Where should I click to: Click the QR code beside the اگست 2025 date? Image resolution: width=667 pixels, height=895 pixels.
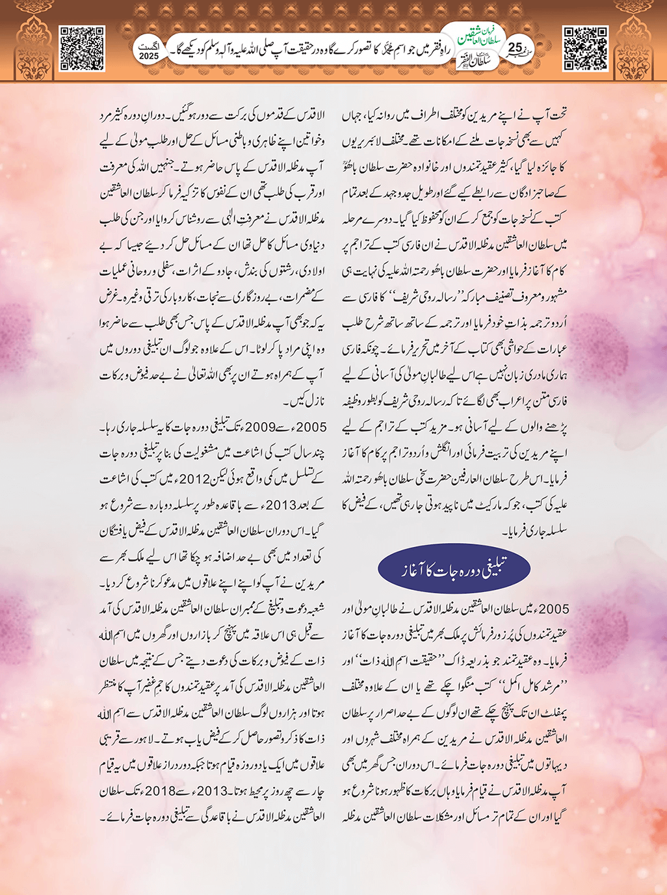tap(82, 47)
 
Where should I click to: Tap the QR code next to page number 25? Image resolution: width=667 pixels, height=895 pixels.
tap(585, 47)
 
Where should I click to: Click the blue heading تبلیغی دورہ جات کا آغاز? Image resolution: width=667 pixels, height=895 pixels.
tap(454, 568)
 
